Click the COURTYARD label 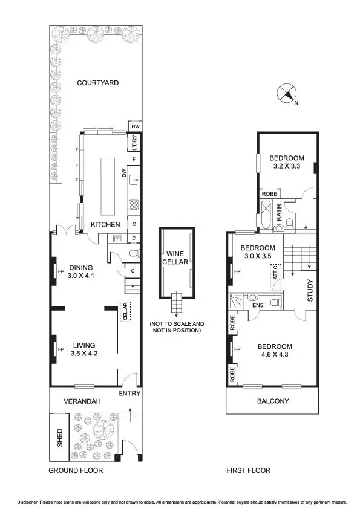[x=97, y=83]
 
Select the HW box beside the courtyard [x=135, y=126]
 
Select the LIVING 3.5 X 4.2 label [x=83, y=349]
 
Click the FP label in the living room [x=61, y=349]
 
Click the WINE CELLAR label [x=176, y=258]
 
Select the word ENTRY [x=129, y=394]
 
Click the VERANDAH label [x=82, y=401]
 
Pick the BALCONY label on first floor [x=272, y=401]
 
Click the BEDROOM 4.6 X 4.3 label [x=275, y=351]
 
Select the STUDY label [x=309, y=290]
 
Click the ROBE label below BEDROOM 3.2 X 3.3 [x=269, y=194]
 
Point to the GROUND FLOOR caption [x=75, y=470]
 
